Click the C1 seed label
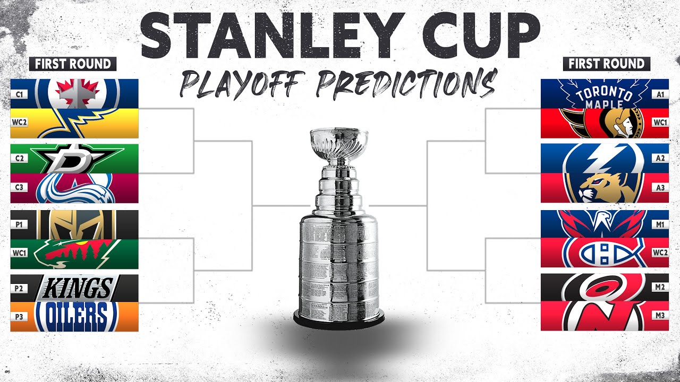click(19, 94)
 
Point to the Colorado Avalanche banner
click(74, 189)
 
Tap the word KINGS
click(76, 289)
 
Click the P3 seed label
click(19, 317)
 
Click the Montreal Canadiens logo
click(605, 253)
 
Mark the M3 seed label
click(660, 316)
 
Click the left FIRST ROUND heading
click(73, 64)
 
